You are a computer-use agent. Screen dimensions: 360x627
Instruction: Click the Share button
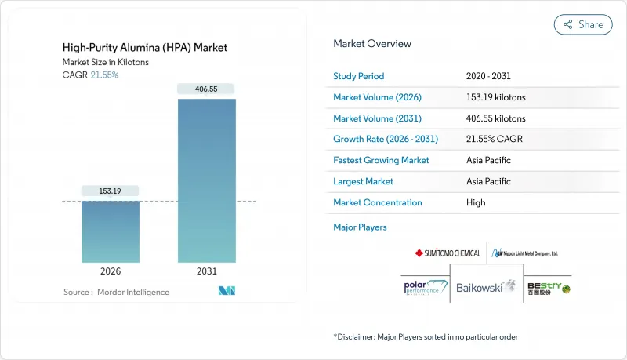point(583,24)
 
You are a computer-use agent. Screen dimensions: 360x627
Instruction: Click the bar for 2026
point(110,231)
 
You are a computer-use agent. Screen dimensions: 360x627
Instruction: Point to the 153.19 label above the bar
point(110,191)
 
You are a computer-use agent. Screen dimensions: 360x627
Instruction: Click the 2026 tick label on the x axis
point(110,271)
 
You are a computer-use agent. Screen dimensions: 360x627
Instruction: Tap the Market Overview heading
point(371,43)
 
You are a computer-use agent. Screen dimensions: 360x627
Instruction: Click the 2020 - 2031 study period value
point(489,76)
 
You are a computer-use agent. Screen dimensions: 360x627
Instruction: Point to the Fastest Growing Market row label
point(381,160)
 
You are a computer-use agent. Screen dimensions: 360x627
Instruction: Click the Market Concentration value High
point(475,202)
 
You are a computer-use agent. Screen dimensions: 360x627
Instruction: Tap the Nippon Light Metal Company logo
point(524,253)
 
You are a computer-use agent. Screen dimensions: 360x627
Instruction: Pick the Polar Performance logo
point(424,288)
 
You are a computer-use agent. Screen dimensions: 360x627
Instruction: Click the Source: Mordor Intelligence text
point(116,292)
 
